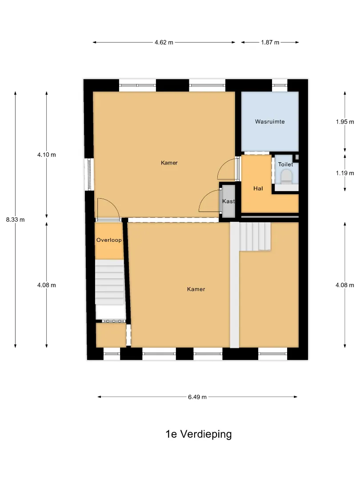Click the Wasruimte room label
pyautogui.click(x=270, y=121)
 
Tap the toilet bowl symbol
pyautogui.click(x=287, y=176)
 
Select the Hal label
pyautogui.click(x=258, y=188)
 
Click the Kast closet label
pyautogui.click(x=228, y=201)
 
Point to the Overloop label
pyautogui.click(x=109, y=240)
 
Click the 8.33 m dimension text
pyautogui.click(x=15, y=220)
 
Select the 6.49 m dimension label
pyautogui.click(x=197, y=397)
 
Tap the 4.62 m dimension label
pyautogui.click(x=164, y=42)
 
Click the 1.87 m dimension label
pyautogui.click(x=270, y=42)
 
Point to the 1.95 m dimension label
pyautogui.click(x=345, y=121)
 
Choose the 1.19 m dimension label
pyautogui.click(x=345, y=173)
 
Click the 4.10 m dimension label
pyautogui.click(x=47, y=155)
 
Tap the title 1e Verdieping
pyautogui.click(x=199, y=434)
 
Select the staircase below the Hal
pyautogui.click(x=255, y=236)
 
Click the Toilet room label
pyautogui.click(x=286, y=164)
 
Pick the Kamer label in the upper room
pyautogui.click(x=169, y=163)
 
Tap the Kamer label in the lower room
pyautogui.click(x=196, y=289)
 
